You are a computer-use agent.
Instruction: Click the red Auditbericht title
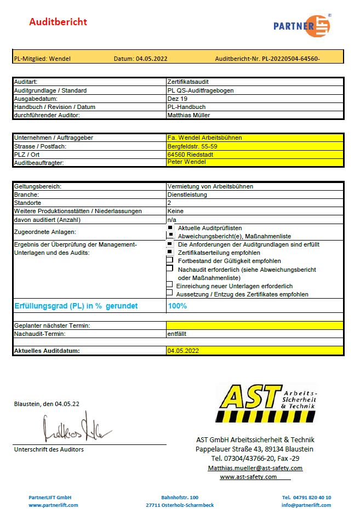58,22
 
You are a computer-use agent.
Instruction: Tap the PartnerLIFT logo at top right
302,25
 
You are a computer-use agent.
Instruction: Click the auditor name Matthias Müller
188,115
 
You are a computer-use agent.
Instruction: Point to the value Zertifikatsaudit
188,82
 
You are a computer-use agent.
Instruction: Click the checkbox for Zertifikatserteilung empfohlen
170,252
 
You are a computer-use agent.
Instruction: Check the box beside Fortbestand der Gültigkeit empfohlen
170,260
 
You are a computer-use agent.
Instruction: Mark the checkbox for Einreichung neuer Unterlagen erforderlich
169,285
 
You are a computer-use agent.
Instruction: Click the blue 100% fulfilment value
177,306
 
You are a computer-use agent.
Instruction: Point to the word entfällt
176,333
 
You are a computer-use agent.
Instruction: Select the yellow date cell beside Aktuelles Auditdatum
254,351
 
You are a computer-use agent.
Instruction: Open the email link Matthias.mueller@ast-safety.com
255,468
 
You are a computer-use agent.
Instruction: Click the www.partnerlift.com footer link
50,505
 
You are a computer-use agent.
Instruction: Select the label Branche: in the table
27,195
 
